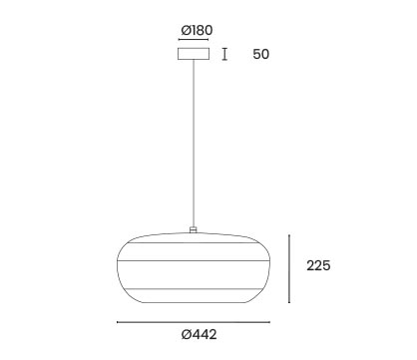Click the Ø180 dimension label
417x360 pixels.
197,30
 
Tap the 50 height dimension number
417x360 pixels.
261,54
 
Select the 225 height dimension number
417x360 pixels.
318,265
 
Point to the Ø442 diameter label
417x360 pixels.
199,334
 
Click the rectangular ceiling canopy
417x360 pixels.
194,54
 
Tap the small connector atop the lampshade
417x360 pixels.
194,229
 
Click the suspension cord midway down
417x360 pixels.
194,144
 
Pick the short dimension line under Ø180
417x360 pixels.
194,40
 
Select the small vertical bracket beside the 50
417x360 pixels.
225,54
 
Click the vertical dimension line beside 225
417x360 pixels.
289,268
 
